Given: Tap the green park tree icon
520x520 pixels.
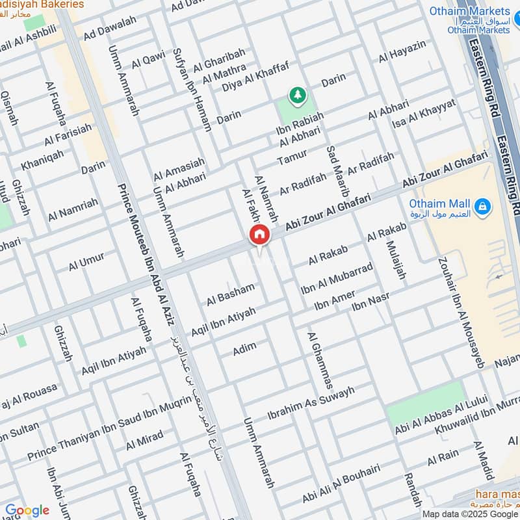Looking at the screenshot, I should pos(298,96).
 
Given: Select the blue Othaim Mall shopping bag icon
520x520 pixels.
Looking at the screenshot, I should pos(482,207).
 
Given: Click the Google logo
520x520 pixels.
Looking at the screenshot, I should pos(27,510).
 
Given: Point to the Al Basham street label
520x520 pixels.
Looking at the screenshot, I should pos(231,295).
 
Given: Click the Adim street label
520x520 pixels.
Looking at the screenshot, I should pos(245,348).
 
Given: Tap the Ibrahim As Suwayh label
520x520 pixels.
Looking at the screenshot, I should pos(311,403).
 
